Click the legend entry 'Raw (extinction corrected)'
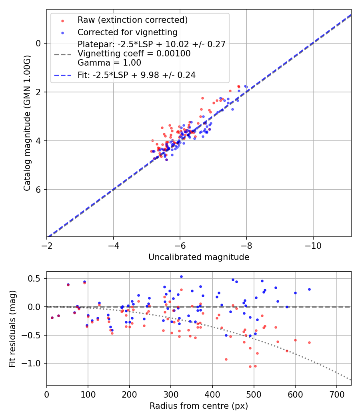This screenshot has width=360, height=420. coord(132,20)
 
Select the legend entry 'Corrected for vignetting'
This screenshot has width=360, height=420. coord(127,32)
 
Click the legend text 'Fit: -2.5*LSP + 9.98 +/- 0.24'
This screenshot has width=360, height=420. coord(136,75)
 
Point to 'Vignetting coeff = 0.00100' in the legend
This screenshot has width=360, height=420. coord(134,54)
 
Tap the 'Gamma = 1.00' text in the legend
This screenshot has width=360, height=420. coord(109,63)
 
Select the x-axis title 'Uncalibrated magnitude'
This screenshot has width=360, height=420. coord(199,257)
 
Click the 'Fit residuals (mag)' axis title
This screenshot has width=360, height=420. coord(12,328)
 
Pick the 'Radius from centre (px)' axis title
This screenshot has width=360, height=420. coord(199,406)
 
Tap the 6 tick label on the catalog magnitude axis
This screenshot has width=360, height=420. coord(39,190)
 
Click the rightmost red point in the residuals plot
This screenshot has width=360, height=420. coord(309,342)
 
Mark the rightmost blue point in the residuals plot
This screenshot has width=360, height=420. coord(309,289)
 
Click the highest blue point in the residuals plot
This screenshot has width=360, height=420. coord(181,276)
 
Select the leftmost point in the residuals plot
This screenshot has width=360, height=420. coord(52,318)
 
